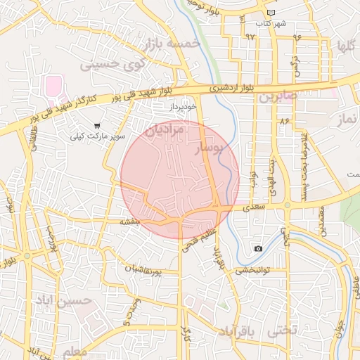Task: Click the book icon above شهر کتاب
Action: (x=271, y=13)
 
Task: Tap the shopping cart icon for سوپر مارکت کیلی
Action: (x=96, y=125)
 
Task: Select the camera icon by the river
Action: (x=258, y=248)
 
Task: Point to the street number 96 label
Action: (x=297, y=37)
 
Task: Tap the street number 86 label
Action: (x=285, y=122)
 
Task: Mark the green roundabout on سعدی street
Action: (x=287, y=205)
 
